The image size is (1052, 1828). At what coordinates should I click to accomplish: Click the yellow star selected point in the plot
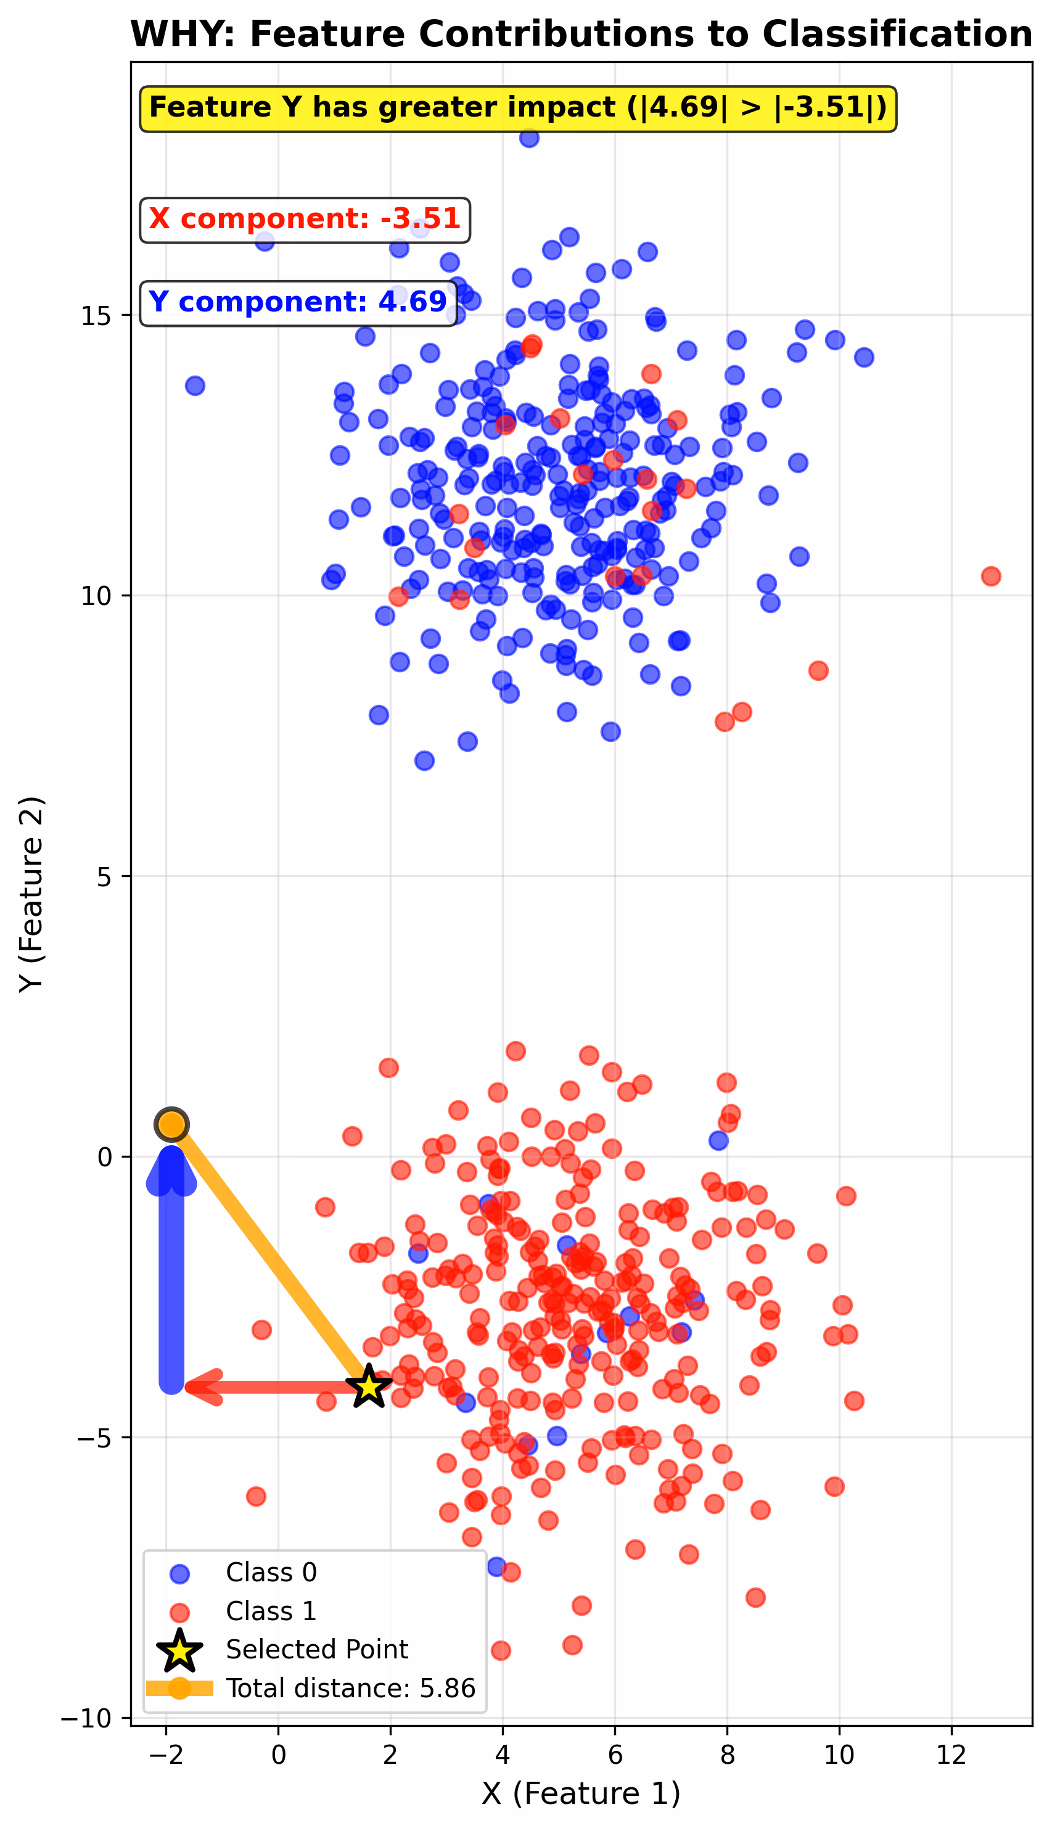point(369,1386)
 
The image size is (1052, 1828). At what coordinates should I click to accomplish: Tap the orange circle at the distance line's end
point(171,1124)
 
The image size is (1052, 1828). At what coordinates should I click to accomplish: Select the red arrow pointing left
point(274,1386)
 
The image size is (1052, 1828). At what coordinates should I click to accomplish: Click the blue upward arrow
point(171,1272)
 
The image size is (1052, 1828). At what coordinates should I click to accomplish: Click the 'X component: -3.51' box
point(304,220)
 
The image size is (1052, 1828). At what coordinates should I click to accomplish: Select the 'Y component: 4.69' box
point(298,303)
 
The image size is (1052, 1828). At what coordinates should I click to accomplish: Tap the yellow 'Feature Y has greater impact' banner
point(517,109)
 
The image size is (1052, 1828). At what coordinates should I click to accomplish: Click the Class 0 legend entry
point(271,1572)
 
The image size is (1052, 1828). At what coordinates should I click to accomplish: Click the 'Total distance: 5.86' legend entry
point(350,1689)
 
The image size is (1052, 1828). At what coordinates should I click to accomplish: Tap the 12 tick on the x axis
point(951,1753)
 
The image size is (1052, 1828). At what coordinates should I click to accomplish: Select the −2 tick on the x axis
point(166,1753)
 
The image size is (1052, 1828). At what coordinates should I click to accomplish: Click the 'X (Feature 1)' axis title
point(581,1793)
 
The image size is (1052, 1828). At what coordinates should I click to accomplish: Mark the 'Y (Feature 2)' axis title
point(32,894)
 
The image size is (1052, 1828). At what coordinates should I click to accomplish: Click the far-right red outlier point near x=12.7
point(990,576)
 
